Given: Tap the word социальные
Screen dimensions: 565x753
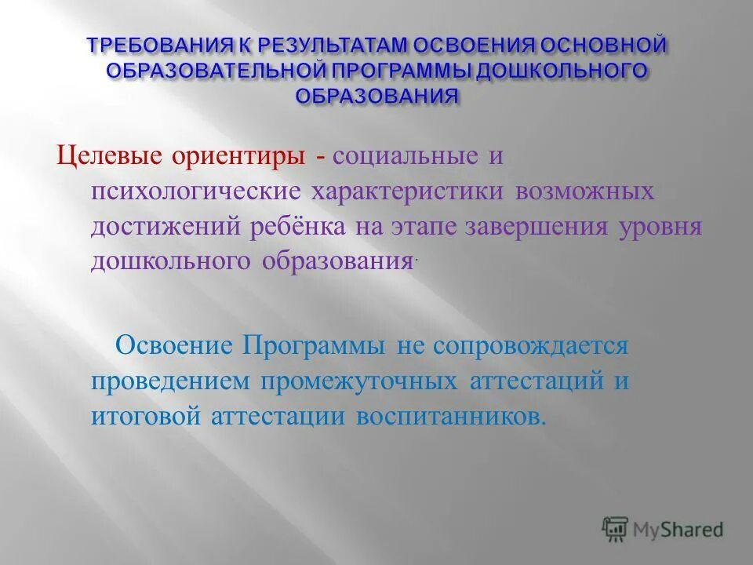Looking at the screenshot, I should (407, 156).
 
